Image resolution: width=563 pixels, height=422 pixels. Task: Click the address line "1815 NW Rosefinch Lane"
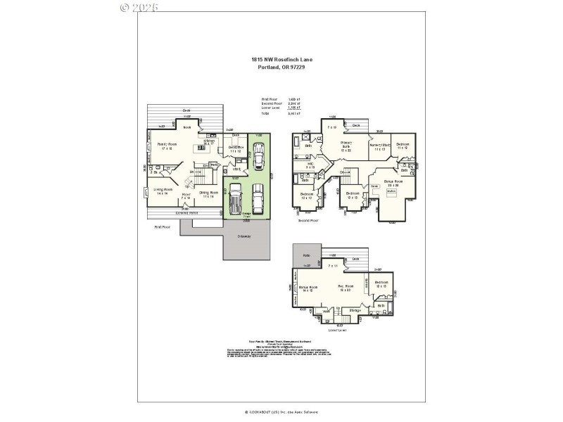pos(281,60)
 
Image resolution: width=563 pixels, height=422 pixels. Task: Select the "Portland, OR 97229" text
pos(281,68)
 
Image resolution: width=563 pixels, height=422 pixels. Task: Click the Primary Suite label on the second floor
pos(346,146)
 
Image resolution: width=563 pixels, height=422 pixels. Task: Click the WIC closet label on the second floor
pos(310,166)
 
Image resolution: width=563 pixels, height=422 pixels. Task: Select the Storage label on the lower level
pos(355,310)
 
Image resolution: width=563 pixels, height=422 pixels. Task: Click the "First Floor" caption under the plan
pos(163,228)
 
